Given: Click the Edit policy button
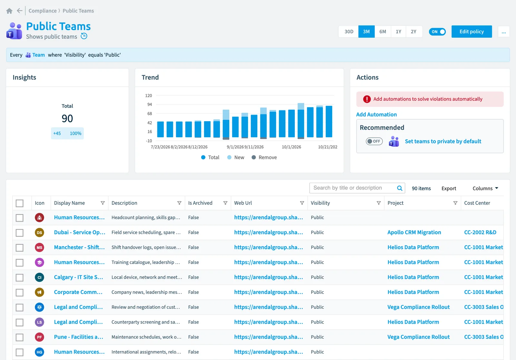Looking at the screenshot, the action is click(471, 32).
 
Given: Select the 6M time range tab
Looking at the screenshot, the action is click(382, 32).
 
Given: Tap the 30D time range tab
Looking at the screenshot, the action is click(349, 32).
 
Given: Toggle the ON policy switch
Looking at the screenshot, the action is click(437, 32).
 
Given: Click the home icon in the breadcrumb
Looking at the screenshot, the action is click(9, 11).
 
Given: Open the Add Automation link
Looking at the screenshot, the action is click(376, 114).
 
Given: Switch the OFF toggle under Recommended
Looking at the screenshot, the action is click(374, 141).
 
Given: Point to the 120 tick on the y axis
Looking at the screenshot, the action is click(149, 95).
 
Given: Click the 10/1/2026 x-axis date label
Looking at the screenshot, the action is click(292, 147).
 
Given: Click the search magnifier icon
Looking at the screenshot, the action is click(400, 188).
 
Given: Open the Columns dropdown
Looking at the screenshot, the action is click(485, 188).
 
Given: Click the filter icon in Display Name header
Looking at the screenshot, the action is click(103, 203).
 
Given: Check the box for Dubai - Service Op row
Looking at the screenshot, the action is click(20, 233).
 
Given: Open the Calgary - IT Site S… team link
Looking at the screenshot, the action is click(79, 277).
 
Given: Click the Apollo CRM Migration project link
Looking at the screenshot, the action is click(414, 232).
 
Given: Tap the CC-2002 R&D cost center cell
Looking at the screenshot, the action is click(480, 232).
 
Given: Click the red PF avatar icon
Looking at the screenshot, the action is click(39, 337).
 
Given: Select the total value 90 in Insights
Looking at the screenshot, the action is click(67, 119).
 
